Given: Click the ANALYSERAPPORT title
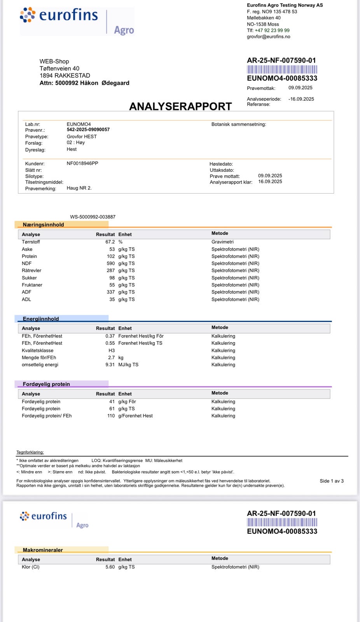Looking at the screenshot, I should pos(180,107).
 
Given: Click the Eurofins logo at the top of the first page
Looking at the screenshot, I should pos(77,20).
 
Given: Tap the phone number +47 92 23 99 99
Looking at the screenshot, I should pos(272,30).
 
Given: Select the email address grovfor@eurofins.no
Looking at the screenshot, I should pos(268,37).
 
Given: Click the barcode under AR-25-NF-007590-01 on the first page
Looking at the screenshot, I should pos(282,70).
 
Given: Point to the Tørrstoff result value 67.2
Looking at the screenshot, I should pos(110,242).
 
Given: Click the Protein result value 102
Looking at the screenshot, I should pos(111,256).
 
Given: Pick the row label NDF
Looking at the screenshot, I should pos(27,263).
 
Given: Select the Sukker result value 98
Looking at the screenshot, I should pos(112,278).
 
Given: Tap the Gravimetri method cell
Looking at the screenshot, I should pos(222,242).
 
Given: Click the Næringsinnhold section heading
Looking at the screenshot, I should pos(43,225).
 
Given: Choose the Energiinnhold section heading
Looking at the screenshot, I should pos(41,319).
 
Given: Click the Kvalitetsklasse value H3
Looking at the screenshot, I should pos(112,350).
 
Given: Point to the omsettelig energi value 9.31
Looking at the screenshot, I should pos(110,365).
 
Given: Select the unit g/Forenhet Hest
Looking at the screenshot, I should pos(135,416).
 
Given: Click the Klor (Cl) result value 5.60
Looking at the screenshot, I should pos(110,567).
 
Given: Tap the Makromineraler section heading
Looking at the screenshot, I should pos(43,550).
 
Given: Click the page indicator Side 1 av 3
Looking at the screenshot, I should pos(332,481).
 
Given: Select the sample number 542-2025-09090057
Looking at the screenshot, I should pos(88,129).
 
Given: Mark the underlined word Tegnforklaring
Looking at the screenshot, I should pos(30,452).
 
